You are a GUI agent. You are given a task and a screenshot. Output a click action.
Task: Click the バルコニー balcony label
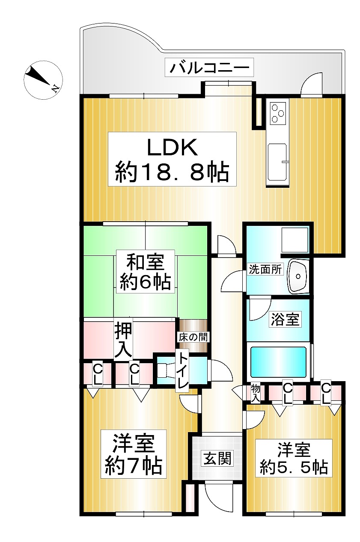209,67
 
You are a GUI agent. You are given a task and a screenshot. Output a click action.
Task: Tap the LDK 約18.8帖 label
172,159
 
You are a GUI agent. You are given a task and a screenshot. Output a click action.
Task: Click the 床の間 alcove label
193,337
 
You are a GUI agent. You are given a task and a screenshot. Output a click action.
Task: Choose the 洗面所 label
265,270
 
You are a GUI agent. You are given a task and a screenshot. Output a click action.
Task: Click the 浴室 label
285,320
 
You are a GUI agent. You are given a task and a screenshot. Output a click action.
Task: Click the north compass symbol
43,80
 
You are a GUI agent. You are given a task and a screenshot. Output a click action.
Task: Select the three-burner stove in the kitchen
278,113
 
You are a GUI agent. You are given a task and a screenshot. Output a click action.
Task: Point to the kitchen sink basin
277,161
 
